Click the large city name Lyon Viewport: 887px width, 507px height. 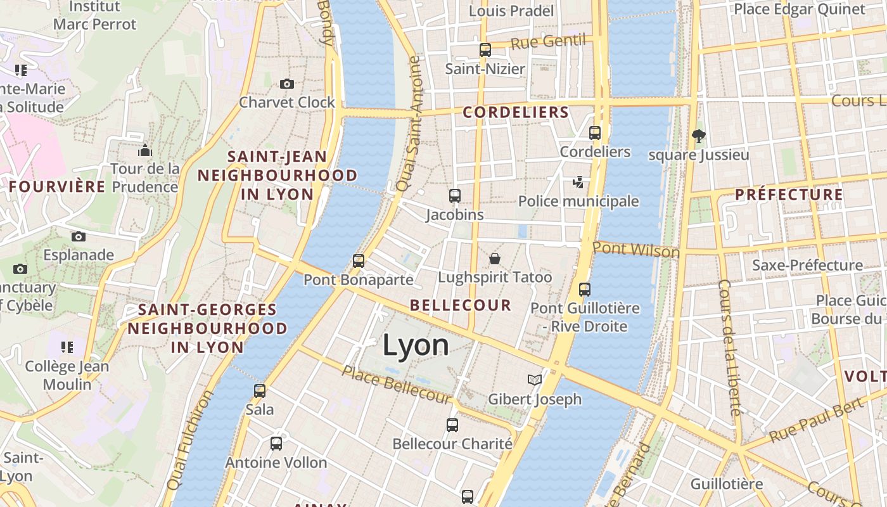[416, 345]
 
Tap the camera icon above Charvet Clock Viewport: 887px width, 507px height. [287, 84]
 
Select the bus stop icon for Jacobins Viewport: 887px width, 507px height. [454, 196]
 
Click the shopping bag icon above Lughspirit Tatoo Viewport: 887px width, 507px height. [494, 259]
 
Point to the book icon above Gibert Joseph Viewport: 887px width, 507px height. [535, 380]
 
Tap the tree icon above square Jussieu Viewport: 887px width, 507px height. [699, 135]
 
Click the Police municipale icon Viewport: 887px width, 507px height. [578, 183]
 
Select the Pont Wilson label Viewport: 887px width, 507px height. [635, 249]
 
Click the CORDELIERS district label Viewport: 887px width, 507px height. [516, 113]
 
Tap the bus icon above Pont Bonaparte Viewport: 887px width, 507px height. [359, 260]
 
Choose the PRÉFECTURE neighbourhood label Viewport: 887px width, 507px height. [789, 195]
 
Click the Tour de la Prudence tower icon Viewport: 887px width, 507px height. [145, 150]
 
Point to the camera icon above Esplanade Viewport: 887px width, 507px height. [79, 236]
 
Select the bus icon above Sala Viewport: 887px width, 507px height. [260, 390]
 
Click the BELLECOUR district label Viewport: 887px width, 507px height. [460, 305]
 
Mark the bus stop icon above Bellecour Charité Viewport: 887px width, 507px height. [452, 425]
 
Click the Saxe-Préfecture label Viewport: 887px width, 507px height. [807, 265]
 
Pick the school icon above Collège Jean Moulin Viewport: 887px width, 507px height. [67, 347]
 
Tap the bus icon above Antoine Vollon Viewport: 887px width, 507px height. [276, 444]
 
